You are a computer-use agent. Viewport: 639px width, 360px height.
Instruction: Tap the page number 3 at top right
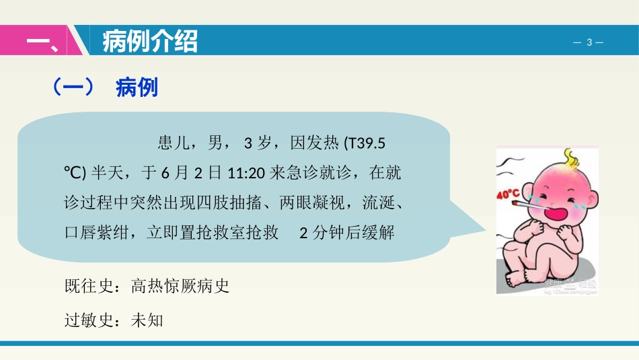pyautogui.click(x=589, y=42)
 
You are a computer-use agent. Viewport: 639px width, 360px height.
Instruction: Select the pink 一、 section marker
pyautogui.click(x=41, y=42)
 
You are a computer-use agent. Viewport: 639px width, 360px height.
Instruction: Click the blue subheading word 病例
pyautogui.click(x=137, y=87)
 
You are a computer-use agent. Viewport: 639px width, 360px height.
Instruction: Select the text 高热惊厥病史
pyautogui.click(x=180, y=286)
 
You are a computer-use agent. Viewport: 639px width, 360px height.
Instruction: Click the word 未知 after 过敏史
pyautogui.click(x=147, y=320)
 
